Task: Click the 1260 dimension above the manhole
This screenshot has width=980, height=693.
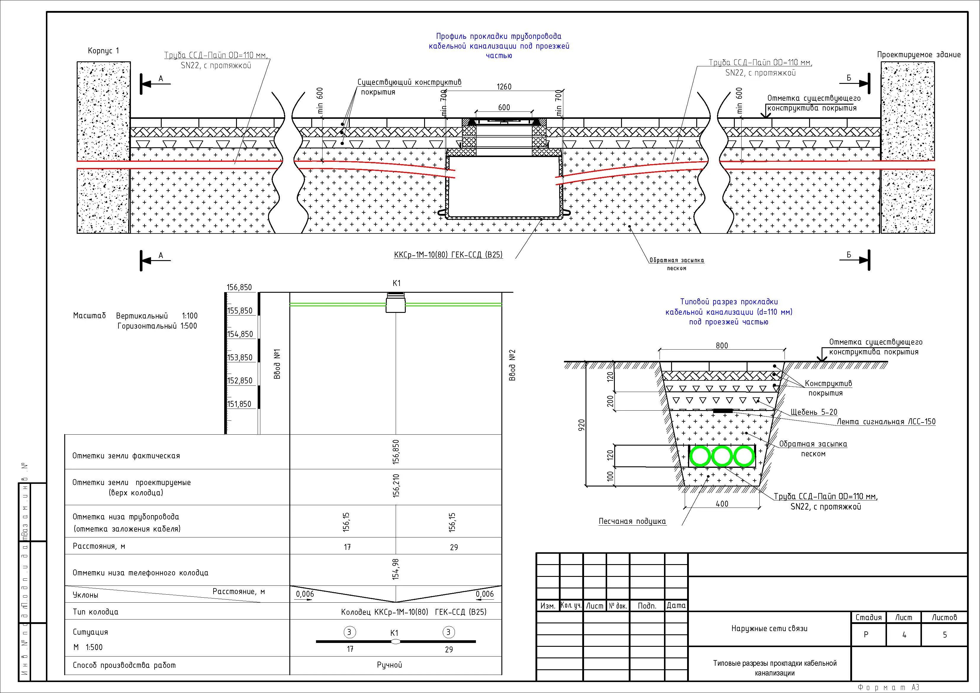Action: pyautogui.click(x=504, y=87)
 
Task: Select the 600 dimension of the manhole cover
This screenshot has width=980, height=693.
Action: pyautogui.click(x=504, y=107)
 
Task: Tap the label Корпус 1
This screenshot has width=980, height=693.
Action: pyautogui.click(x=104, y=51)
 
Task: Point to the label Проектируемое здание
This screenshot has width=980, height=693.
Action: pyautogui.click(x=918, y=55)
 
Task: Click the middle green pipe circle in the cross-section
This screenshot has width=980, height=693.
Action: pyautogui.click(x=722, y=456)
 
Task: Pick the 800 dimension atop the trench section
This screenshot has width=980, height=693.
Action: pyautogui.click(x=722, y=345)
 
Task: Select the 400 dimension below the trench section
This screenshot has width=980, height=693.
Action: pyautogui.click(x=722, y=504)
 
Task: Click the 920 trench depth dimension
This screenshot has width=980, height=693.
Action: pyautogui.click(x=581, y=425)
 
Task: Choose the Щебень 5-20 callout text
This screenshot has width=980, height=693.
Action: pyautogui.click(x=814, y=412)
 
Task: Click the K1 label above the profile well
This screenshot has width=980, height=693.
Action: pyautogui.click(x=397, y=283)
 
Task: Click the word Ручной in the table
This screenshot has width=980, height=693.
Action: pyautogui.click(x=389, y=665)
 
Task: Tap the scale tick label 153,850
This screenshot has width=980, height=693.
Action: pyautogui.click(x=240, y=357)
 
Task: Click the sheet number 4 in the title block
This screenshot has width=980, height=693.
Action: pyautogui.click(x=904, y=635)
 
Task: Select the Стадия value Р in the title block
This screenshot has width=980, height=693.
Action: pyautogui.click(x=866, y=635)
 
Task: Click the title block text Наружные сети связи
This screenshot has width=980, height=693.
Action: pyautogui.click(x=769, y=628)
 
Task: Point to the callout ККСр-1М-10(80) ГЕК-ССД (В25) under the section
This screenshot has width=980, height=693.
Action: pyautogui.click(x=448, y=255)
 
